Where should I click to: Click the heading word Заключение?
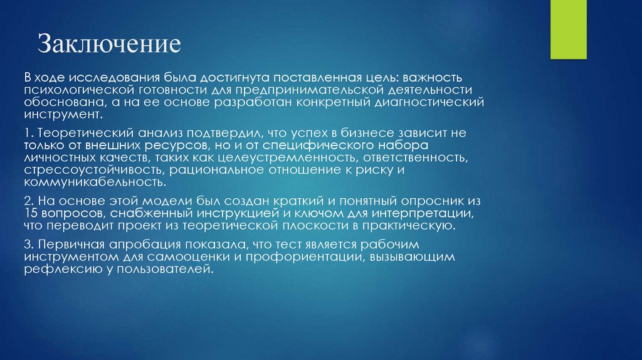pyautogui.click(x=110, y=45)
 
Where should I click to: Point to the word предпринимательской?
pyautogui.click(x=295, y=90)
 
